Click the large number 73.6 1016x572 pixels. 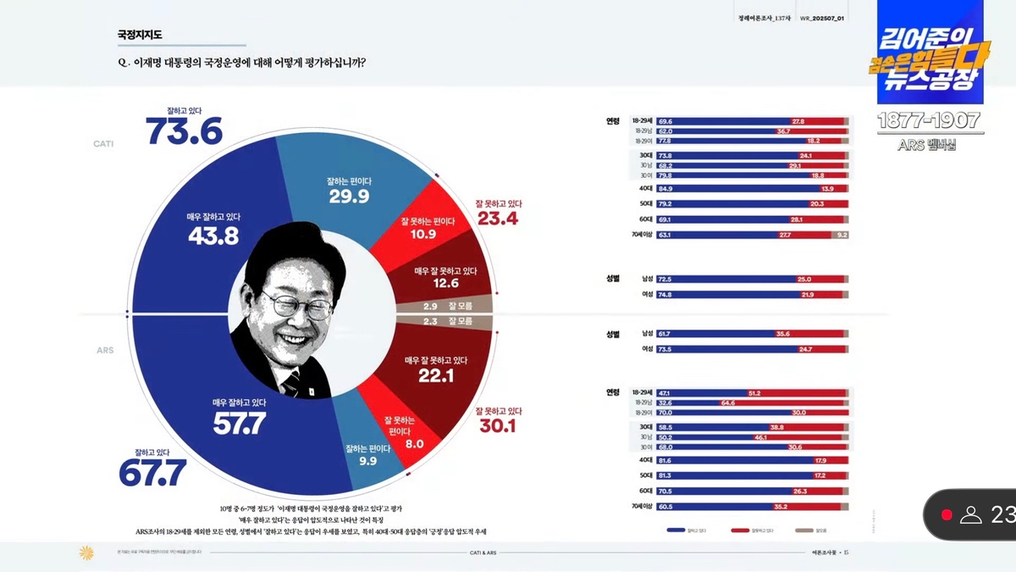(x=184, y=131)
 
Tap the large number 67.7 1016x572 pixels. (x=152, y=473)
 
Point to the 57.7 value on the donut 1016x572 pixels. (x=239, y=423)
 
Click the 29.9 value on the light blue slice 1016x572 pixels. (x=349, y=197)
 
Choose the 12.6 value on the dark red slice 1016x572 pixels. (x=445, y=283)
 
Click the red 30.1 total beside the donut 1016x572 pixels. (x=498, y=425)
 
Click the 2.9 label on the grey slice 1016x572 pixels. (x=430, y=305)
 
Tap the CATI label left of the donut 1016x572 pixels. (x=103, y=144)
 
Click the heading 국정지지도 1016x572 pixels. (x=140, y=35)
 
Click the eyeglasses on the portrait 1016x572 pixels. (x=298, y=303)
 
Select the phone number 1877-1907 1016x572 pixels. (x=928, y=121)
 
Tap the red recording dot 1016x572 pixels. (x=947, y=514)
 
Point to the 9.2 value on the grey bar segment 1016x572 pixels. (x=841, y=235)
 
